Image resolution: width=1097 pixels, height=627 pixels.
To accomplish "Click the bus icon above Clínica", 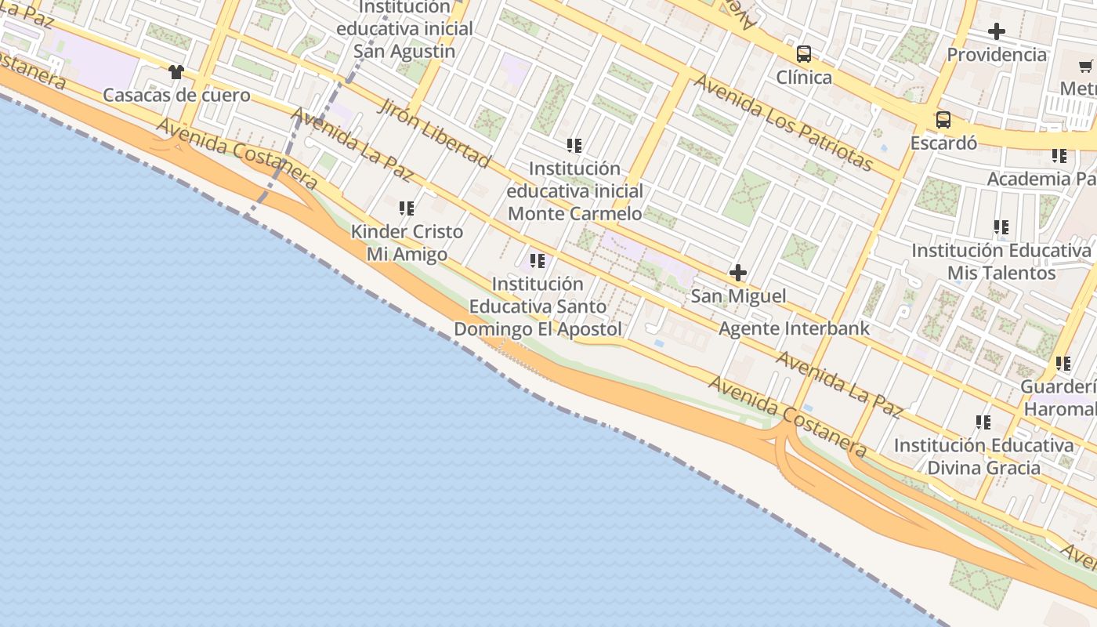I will [804, 54].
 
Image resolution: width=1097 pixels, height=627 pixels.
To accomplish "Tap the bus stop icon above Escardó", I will [943, 120].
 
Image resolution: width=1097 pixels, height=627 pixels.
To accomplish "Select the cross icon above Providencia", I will [997, 31].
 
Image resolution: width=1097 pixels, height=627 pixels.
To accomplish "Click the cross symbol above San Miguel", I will [738, 273].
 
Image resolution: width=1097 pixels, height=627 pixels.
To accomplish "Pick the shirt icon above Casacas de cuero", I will [176, 72].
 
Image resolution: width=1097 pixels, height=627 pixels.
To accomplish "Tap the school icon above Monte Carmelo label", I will [574, 146].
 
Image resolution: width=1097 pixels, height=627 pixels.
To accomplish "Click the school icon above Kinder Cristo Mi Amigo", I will [407, 208].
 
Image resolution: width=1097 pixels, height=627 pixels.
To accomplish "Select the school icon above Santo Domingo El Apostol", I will [538, 261].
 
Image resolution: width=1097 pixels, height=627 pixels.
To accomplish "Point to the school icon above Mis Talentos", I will [1001, 227].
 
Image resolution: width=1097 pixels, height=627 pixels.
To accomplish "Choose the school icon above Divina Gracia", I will [983, 422].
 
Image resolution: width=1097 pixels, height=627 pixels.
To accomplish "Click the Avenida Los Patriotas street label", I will [784, 123].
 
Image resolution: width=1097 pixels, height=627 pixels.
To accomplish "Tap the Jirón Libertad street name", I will [434, 133].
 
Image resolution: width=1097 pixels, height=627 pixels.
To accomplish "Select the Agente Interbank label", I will [795, 328].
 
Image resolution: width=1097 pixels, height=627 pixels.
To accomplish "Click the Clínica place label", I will [804, 77].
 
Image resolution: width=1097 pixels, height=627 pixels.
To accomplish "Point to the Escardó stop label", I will [943, 143].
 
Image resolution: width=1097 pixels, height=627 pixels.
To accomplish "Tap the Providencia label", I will [997, 55].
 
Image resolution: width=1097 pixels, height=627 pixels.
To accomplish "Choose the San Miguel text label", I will [738, 296].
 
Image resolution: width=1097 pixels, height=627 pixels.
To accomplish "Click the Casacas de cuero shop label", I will [177, 96].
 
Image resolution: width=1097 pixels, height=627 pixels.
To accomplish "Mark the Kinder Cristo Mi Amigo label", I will [407, 243].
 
